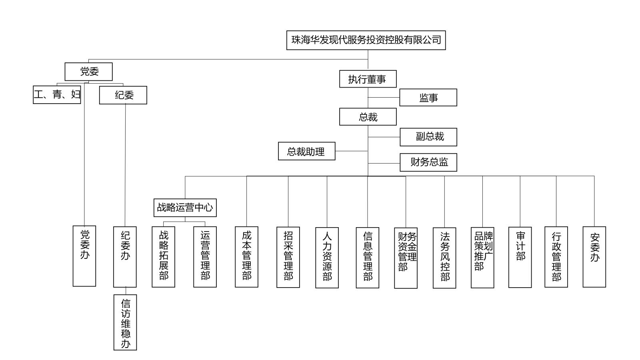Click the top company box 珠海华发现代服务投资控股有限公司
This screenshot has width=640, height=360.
(x=366, y=40)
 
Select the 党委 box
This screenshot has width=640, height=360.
(x=89, y=72)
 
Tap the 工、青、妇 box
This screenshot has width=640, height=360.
(x=57, y=95)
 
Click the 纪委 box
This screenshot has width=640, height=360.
(x=123, y=95)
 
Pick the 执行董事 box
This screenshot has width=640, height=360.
(x=368, y=79)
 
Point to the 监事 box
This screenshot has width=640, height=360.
(x=428, y=98)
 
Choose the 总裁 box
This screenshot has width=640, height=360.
(x=368, y=117)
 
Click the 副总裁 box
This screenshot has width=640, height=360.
(x=428, y=137)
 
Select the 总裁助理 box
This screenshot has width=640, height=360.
(x=306, y=151)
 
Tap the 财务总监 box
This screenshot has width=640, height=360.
(x=428, y=162)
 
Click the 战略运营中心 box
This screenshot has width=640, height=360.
(x=185, y=208)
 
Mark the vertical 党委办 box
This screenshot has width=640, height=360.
(x=84, y=256)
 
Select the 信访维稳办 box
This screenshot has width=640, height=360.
(x=125, y=322)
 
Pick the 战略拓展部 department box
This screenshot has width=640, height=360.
(x=163, y=257)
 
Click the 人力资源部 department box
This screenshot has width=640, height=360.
(x=327, y=258)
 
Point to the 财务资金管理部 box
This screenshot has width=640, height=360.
(x=406, y=258)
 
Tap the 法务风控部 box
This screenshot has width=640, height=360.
(x=444, y=258)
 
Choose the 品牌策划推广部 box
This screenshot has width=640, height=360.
(x=482, y=258)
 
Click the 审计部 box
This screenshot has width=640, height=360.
(x=520, y=257)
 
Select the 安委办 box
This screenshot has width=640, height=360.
(x=594, y=257)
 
